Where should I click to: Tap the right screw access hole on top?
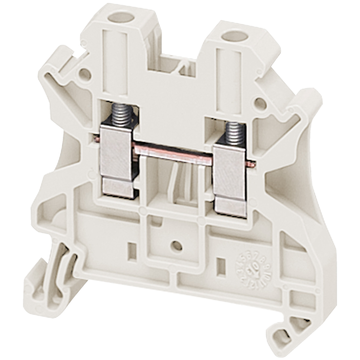[233, 35]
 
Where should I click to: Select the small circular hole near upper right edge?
[259, 103]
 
